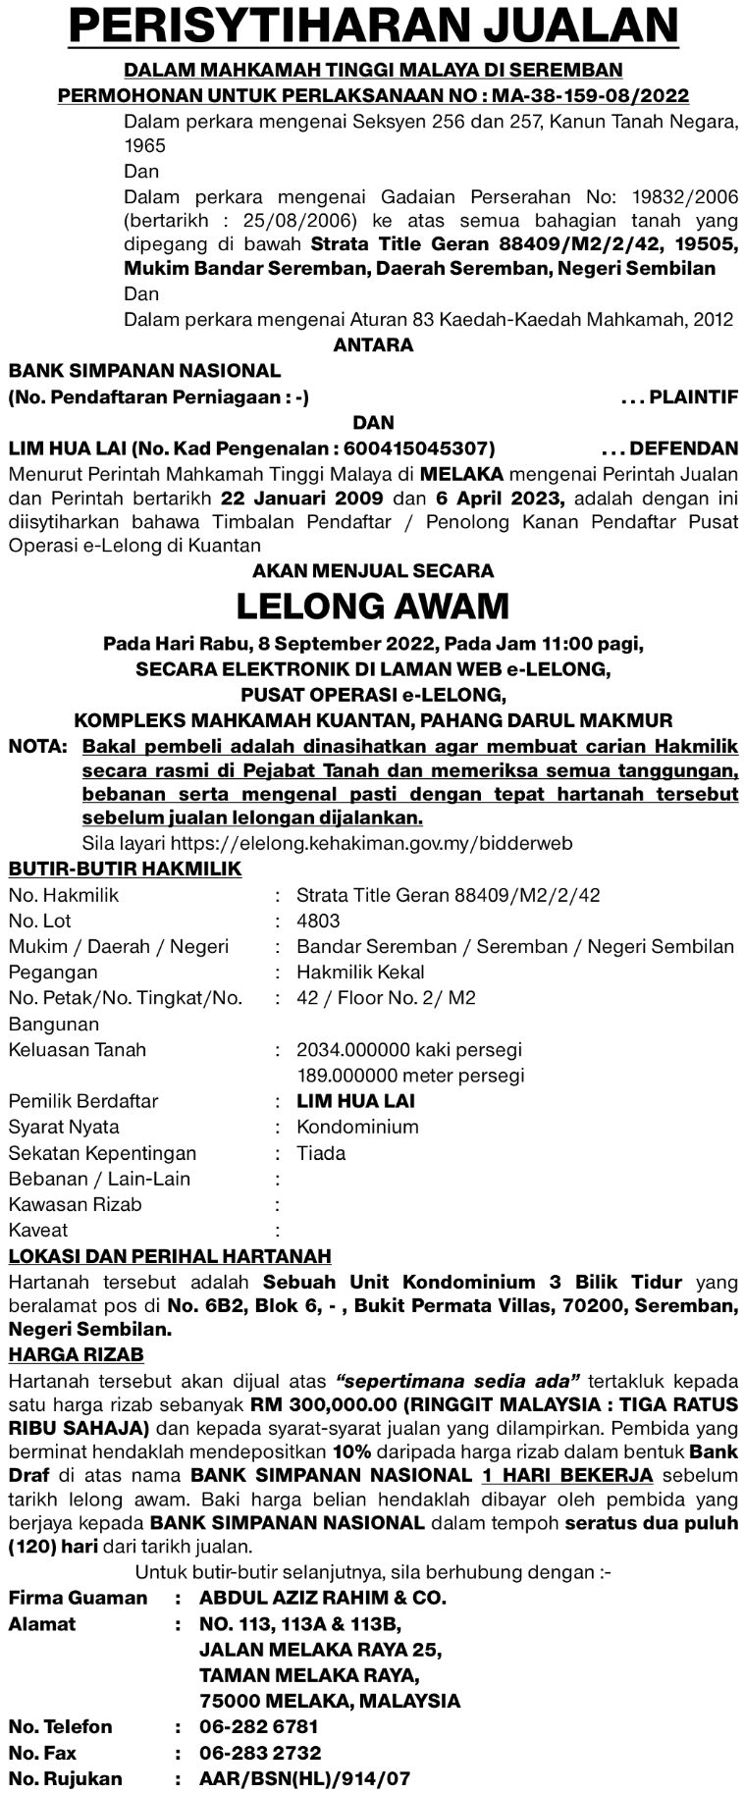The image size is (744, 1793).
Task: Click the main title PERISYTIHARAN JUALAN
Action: (372, 26)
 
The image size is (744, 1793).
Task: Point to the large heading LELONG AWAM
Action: (372, 606)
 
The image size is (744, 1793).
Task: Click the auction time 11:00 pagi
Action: (589, 645)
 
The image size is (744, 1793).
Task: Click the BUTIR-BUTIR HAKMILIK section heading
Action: (125, 870)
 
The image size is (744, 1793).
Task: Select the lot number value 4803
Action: (318, 922)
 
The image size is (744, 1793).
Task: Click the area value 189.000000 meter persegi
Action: (409, 1076)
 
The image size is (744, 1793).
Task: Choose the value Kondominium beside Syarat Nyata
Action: (357, 1128)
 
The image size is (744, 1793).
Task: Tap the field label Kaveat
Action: (38, 1231)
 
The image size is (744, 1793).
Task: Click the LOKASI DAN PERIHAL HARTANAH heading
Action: (169, 1256)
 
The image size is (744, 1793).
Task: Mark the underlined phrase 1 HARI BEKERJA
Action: (567, 1475)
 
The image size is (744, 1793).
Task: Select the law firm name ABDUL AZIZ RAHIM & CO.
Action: (322, 1598)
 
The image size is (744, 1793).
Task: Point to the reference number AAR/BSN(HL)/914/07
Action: (304, 1778)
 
